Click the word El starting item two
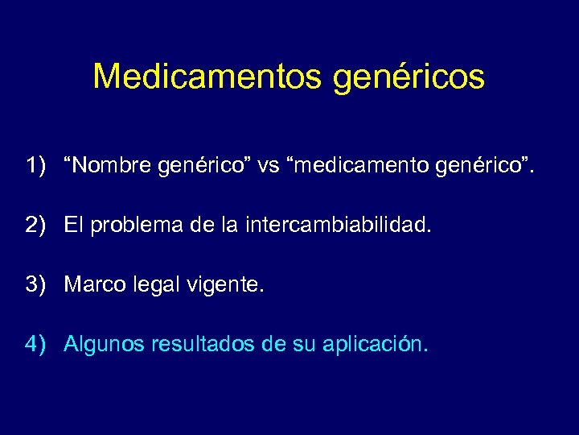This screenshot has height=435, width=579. point(74,226)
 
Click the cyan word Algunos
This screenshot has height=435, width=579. point(100,345)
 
